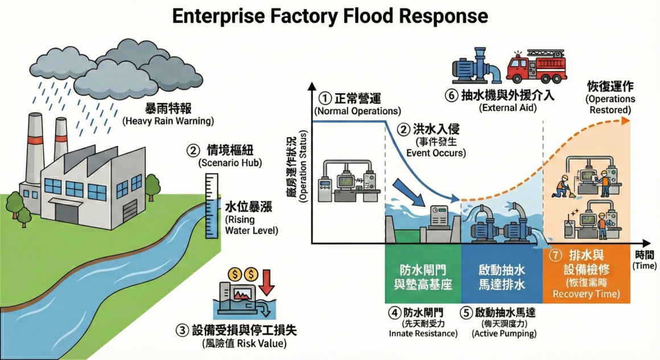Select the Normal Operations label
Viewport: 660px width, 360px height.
357,110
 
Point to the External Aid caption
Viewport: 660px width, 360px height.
508,107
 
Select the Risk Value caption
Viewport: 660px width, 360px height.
244,343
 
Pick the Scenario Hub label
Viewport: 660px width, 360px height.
222,163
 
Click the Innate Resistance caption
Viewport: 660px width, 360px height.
422,333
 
